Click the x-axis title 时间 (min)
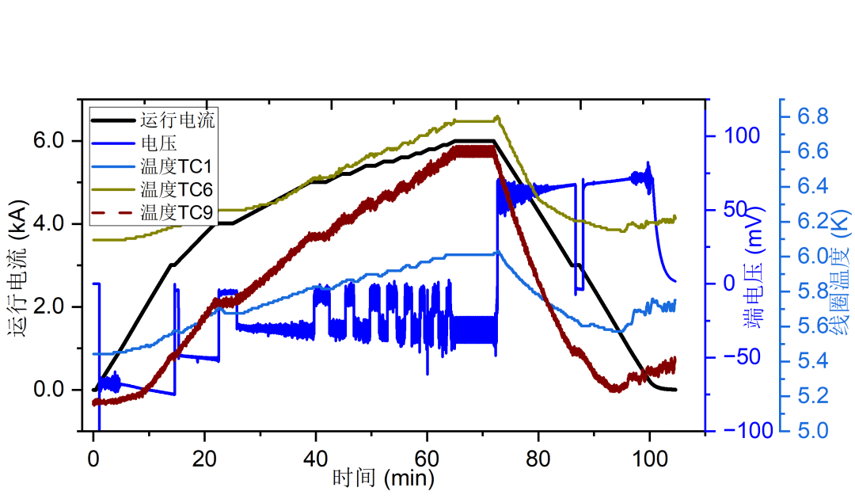coord(383,478)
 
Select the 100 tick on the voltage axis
coord(738,136)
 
